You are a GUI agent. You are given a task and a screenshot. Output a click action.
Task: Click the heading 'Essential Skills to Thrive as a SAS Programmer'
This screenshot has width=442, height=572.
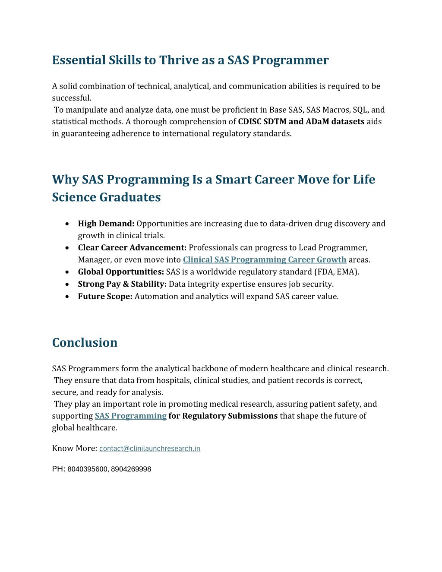pos(190,60)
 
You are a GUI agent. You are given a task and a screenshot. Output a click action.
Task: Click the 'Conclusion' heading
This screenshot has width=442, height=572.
pos(85,342)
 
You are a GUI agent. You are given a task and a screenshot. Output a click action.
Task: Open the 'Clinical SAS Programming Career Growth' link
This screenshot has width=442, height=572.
pos(264,259)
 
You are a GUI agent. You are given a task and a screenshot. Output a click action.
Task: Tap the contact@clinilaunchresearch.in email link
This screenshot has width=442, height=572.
pos(149,449)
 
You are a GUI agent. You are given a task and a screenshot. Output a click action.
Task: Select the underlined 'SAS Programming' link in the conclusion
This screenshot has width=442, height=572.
pos(130,416)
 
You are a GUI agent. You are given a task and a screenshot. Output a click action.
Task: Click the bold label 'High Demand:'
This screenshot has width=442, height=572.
pos(106,224)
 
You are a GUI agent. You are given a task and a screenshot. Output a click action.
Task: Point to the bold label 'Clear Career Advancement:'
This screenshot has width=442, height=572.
pos(132,247)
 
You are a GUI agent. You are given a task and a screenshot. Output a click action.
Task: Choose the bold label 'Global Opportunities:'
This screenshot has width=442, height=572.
pos(121,272)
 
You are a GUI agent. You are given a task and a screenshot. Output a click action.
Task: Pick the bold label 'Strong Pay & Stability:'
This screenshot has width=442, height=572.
pos(122,284)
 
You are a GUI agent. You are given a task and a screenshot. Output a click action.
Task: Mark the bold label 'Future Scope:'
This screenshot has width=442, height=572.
pos(105,296)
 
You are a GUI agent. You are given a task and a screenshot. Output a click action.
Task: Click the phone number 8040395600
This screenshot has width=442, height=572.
pos(87,469)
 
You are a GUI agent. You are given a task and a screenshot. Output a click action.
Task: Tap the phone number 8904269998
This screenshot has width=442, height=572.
pos(131,469)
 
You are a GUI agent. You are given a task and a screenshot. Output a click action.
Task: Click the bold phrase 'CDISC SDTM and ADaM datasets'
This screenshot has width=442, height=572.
pos(301,122)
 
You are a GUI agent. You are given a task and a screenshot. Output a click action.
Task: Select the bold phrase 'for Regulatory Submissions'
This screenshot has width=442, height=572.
pos(223,416)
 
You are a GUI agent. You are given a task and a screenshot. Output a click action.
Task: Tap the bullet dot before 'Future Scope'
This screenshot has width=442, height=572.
pos(67,297)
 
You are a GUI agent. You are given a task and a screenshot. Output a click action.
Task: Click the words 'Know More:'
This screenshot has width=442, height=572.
pos(74,448)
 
